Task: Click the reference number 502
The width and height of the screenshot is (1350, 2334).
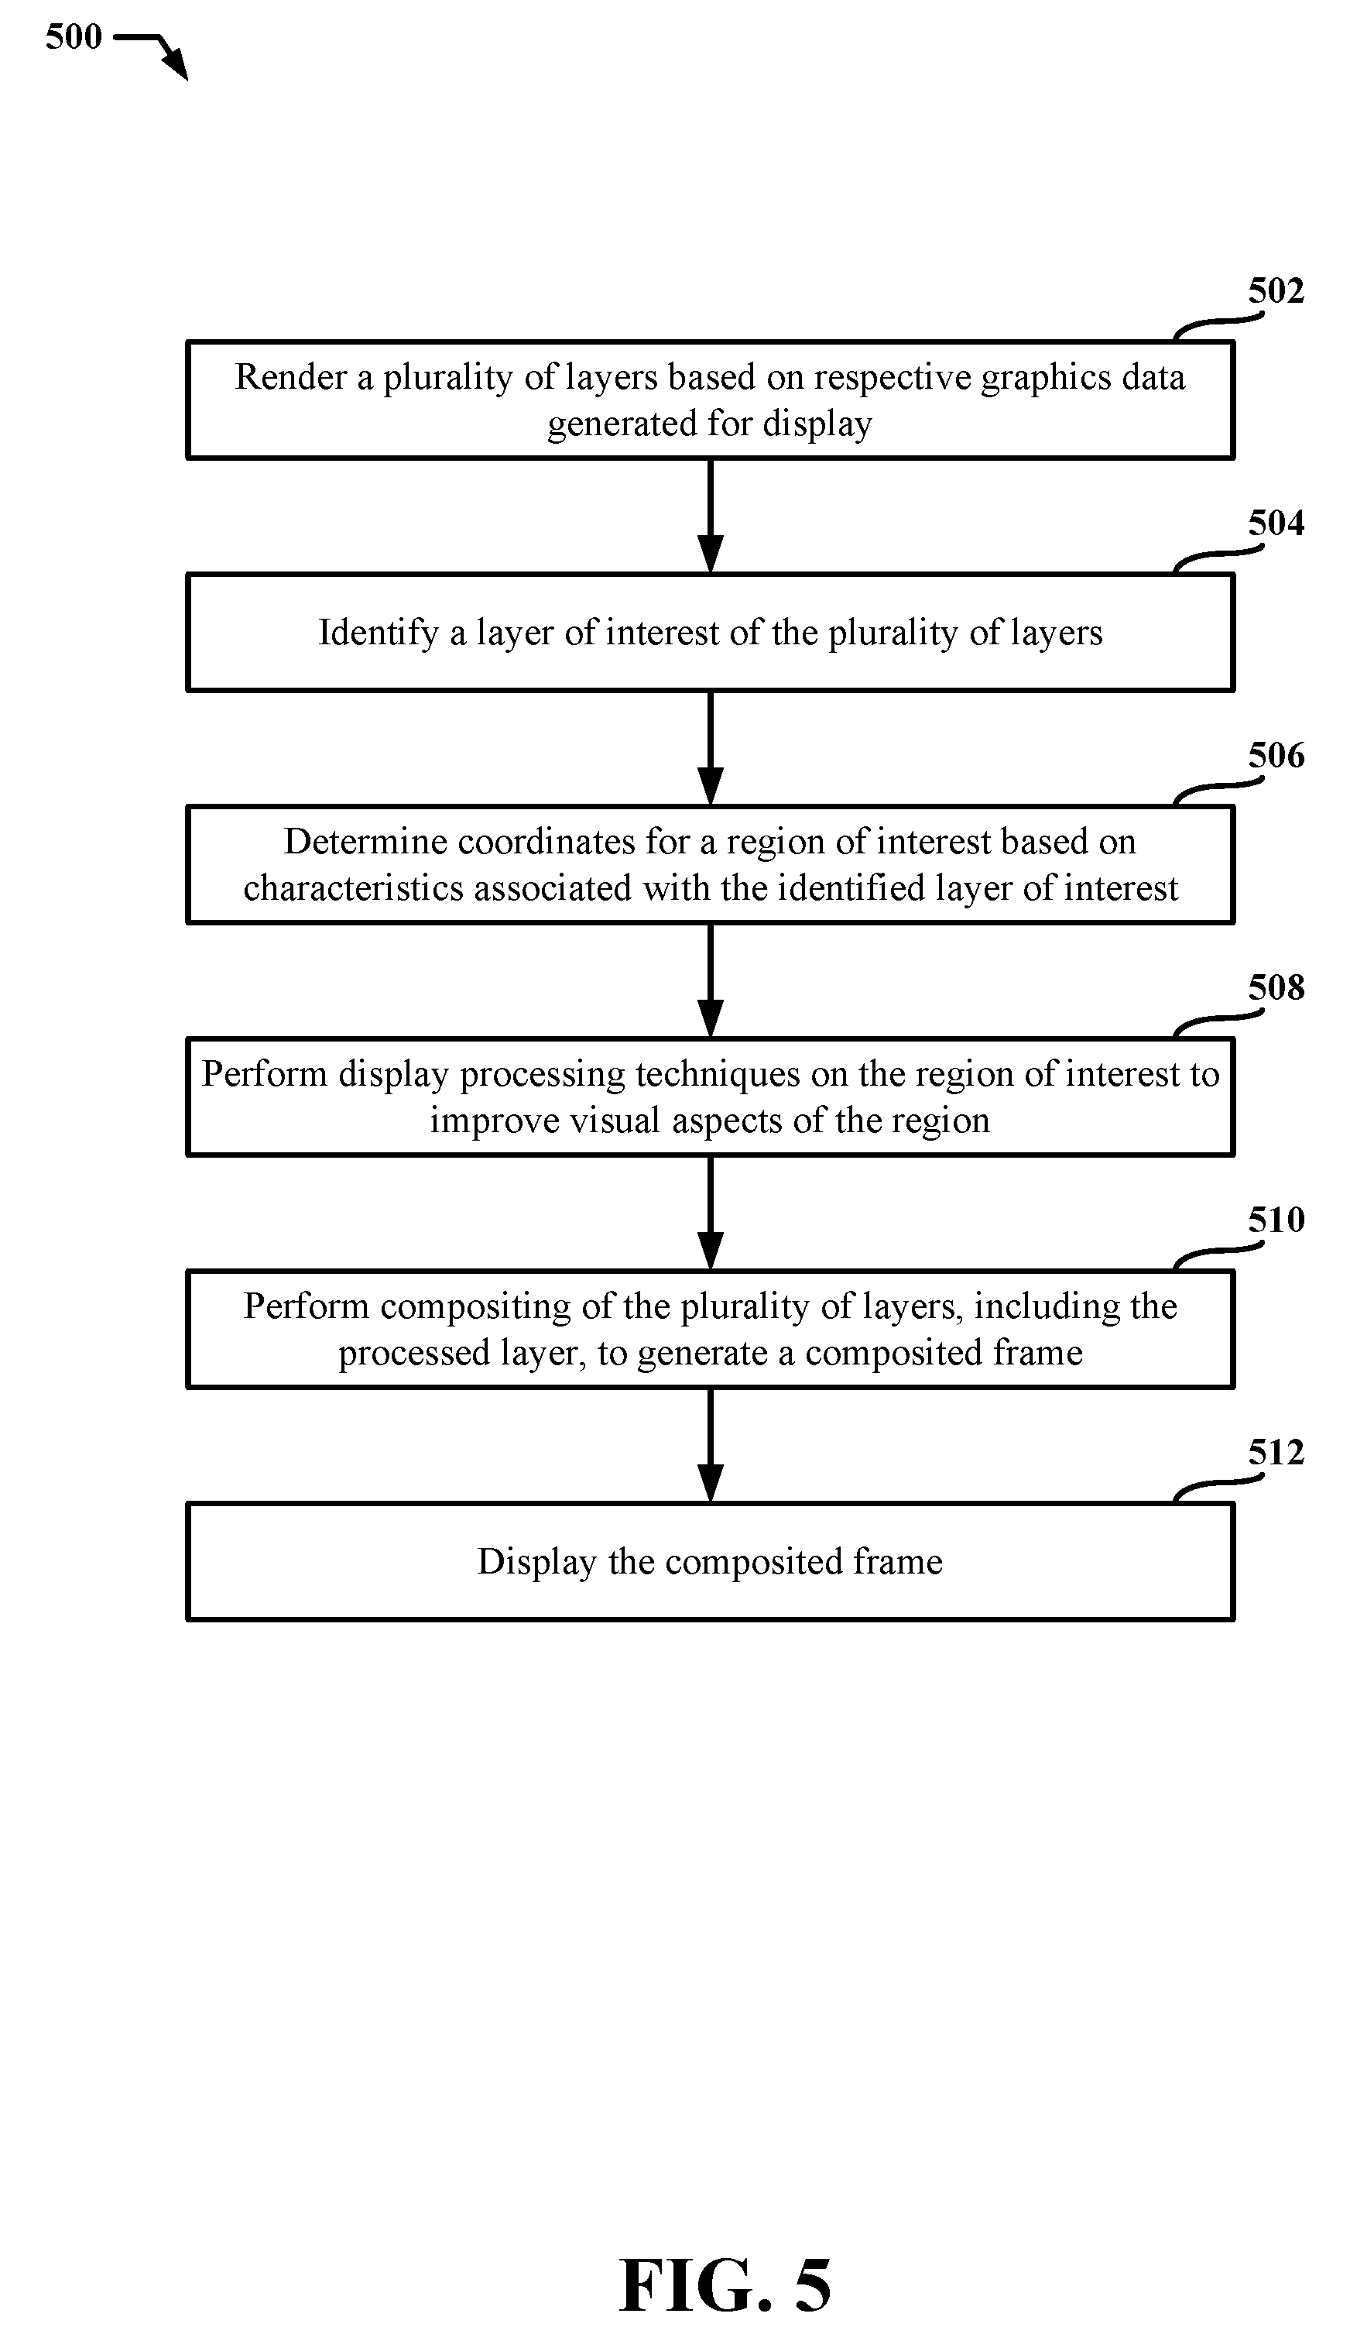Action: click(x=1276, y=292)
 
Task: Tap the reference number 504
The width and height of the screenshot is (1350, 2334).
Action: click(x=1276, y=524)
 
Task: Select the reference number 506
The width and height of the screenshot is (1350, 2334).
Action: click(x=1276, y=756)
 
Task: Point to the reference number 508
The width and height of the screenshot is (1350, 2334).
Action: click(x=1276, y=988)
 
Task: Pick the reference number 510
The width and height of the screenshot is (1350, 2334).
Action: click(x=1276, y=1220)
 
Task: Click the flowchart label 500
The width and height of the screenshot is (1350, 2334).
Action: click(x=73, y=38)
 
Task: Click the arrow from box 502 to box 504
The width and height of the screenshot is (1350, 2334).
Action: click(x=710, y=516)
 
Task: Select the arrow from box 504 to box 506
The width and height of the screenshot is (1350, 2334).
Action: click(x=710, y=748)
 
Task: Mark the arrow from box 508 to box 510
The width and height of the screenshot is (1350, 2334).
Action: click(x=710, y=1213)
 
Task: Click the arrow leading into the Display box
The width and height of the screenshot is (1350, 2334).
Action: click(x=710, y=1446)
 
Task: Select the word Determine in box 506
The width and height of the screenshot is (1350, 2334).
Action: click(x=365, y=843)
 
